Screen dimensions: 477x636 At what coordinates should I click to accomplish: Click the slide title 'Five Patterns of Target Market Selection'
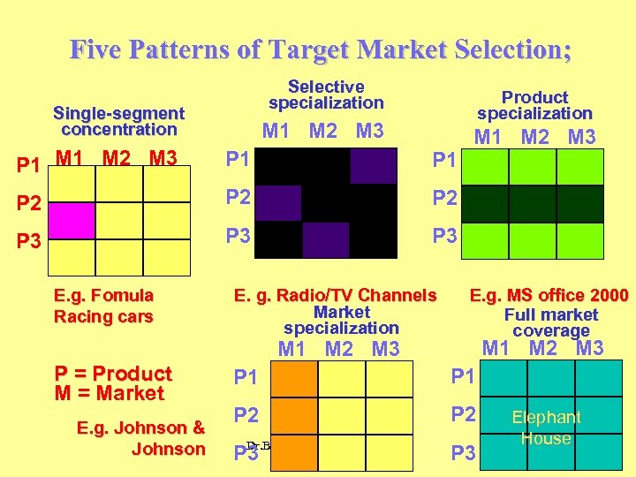coord(320,49)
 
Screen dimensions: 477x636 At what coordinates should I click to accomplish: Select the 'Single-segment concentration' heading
coord(118,121)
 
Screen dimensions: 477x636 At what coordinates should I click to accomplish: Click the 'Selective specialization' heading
coord(326,95)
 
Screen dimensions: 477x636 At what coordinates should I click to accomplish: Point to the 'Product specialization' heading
coord(534,105)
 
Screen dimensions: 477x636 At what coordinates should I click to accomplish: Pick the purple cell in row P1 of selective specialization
coord(373,165)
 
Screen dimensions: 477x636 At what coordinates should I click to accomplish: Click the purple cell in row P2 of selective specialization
coord(277,202)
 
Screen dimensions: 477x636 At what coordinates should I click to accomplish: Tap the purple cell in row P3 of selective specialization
coord(325,239)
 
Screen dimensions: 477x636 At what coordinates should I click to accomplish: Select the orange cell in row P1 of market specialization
coord(293,379)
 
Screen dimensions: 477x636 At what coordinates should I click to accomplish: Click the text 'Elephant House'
coord(546,428)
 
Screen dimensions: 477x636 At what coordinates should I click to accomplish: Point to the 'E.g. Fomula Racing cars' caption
coord(103,306)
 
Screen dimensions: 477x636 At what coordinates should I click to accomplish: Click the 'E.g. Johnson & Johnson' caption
coord(141,438)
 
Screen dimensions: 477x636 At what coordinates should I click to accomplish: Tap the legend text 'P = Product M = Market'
coord(112,383)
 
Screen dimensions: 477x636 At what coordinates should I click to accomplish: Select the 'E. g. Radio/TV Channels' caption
coord(335,295)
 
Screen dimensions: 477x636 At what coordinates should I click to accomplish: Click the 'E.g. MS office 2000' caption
coord(549,295)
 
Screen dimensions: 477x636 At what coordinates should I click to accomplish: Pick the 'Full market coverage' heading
coord(550,322)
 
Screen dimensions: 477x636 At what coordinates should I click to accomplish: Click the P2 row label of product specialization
coord(445,199)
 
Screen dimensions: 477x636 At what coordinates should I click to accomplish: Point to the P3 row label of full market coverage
coord(464,454)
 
